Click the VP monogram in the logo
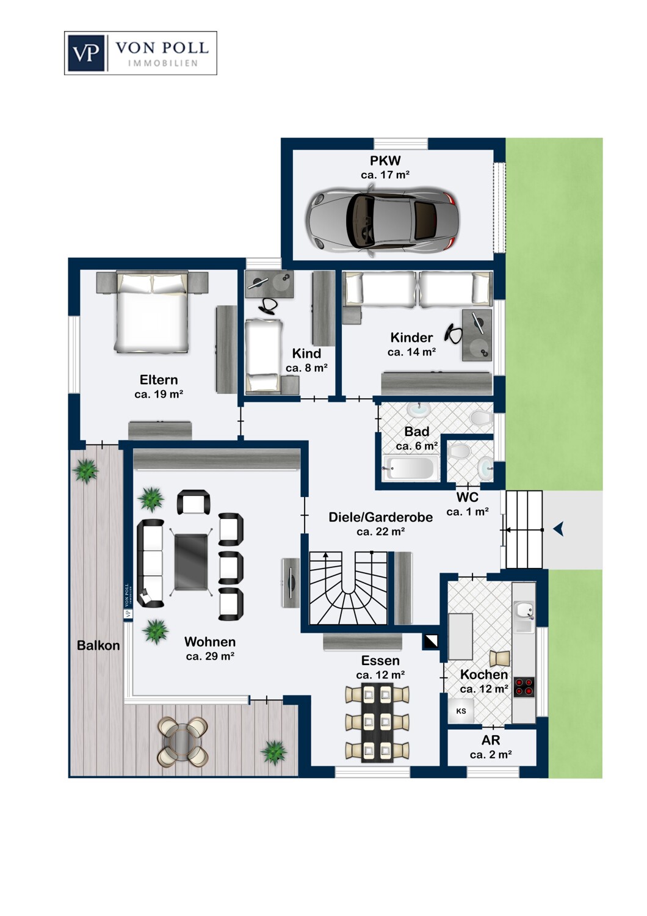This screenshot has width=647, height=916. point(87,53)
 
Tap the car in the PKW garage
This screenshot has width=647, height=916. point(383,220)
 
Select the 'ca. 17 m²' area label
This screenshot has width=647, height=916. point(385,175)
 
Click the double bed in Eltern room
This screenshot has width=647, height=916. point(153,311)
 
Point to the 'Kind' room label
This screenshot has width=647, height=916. point(306,354)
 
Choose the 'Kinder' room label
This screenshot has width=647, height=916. point(411,337)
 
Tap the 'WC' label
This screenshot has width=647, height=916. point(468,497)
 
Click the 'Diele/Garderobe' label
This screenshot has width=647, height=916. point(380,517)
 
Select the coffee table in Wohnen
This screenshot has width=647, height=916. point(191,562)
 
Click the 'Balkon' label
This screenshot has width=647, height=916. point(98,645)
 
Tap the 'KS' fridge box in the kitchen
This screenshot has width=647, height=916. point(461,711)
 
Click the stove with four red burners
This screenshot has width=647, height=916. point(524,686)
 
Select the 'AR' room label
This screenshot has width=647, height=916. point(491,740)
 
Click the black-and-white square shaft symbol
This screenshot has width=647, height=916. point(431,641)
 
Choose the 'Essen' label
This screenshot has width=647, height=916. point(380,660)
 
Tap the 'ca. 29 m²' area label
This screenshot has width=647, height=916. point(210,656)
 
